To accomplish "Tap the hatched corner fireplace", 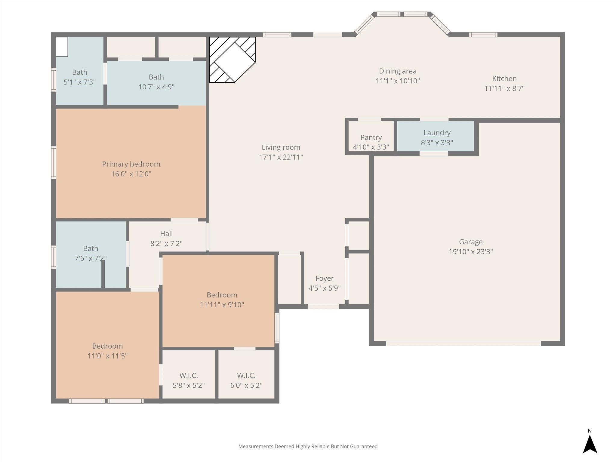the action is pyautogui.click(x=232, y=60).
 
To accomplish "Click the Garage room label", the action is pyautogui.click(x=471, y=242).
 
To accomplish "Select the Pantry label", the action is pyautogui.click(x=371, y=137).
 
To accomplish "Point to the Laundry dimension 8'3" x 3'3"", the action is pyautogui.click(x=437, y=143).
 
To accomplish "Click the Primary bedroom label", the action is pyautogui.click(x=131, y=164).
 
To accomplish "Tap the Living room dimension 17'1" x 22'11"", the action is pyautogui.click(x=281, y=157).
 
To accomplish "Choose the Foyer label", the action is pyautogui.click(x=325, y=279).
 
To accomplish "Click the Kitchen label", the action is pyautogui.click(x=504, y=79).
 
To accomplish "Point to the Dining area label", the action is pyautogui.click(x=398, y=71).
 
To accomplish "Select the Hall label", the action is pyautogui.click(x=166, y=234).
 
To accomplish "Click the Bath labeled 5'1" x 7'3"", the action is pyautogui.click(x=80, y=72).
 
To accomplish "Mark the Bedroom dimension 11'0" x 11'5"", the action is pyautogui.click(x=107, y=356).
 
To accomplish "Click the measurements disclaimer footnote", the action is pyautogui.click(x=308, y=447).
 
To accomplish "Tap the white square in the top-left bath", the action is pyautogui.click(x=62, y=47).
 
